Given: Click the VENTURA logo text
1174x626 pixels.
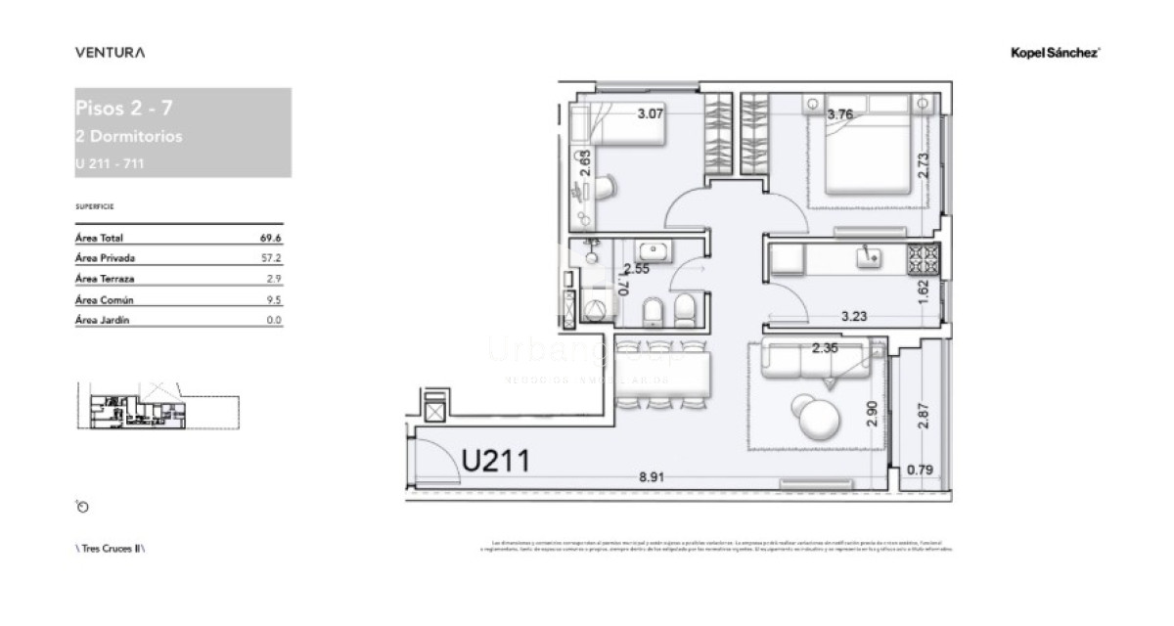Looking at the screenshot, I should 110,53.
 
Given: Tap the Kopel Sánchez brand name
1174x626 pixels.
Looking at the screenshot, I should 1055,54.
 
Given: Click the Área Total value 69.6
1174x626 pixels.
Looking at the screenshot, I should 271,238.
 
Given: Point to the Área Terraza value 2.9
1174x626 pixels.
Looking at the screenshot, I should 275,279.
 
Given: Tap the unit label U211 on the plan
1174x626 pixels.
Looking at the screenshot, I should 495,460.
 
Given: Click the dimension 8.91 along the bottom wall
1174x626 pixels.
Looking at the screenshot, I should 653,477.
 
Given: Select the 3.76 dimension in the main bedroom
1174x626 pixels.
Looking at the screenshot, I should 840,114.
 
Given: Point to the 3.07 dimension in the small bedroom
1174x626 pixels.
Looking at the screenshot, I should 651,114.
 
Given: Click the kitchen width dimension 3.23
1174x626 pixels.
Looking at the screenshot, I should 857,316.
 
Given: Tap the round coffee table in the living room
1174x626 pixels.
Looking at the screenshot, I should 816,418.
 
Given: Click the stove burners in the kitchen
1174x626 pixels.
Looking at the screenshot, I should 923,257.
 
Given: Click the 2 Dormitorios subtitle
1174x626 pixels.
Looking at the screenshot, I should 128,137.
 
